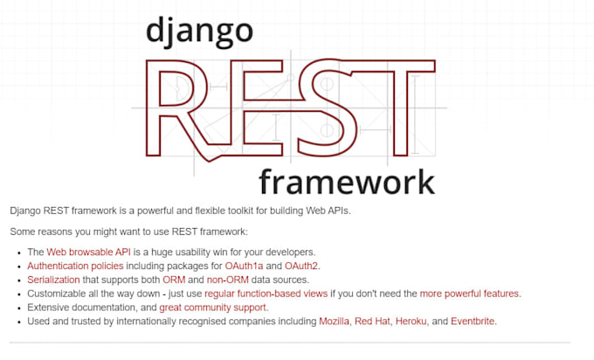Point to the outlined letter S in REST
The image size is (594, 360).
click(316, 109)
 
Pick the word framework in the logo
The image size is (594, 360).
click(346, 181)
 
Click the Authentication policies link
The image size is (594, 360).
click(80, 266)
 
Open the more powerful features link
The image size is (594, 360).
click(470, 294)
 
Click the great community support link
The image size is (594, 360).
click(213, 308)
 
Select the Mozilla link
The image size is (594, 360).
click(334, 322)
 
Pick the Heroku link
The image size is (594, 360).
click(411, 322)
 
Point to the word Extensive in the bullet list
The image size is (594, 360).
click(51, 308)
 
